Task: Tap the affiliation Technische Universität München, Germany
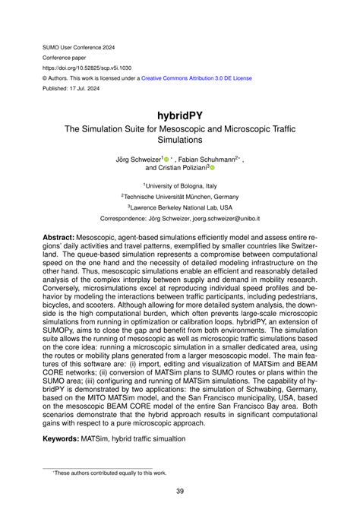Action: [x=180, y=195]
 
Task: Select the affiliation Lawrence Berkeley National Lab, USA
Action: [x=180, y=206]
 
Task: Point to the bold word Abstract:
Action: [x=64, y=237]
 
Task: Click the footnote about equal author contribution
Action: [x=106, y=473]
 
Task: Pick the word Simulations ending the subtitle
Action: [x=180, y=141]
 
